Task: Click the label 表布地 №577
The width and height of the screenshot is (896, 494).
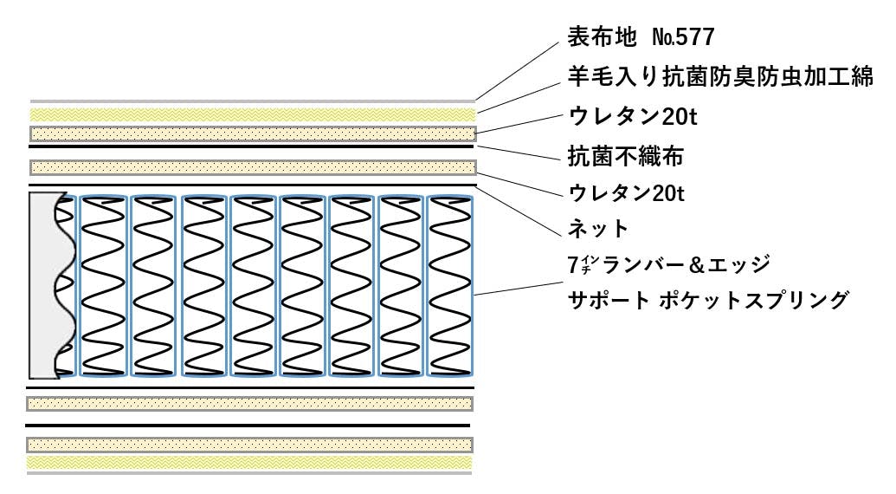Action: click(x=641, y=36)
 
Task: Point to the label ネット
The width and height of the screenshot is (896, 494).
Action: click(x=597, y=229)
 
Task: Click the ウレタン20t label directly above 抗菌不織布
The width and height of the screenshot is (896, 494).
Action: click(x=632, y=116)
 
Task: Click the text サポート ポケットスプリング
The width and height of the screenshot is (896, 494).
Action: click(x=706, y=301)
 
